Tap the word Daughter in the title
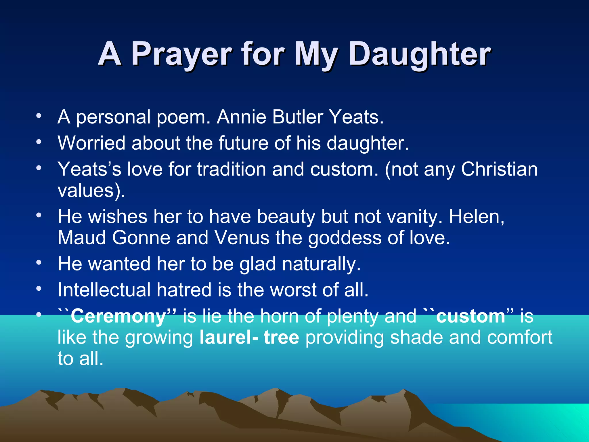420,54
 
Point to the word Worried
91,143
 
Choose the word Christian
499,169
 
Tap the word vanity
414,216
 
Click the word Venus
242,238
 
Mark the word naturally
321,264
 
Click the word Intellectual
104,290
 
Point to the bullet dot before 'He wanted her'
39,262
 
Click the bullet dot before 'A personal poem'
39,116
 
